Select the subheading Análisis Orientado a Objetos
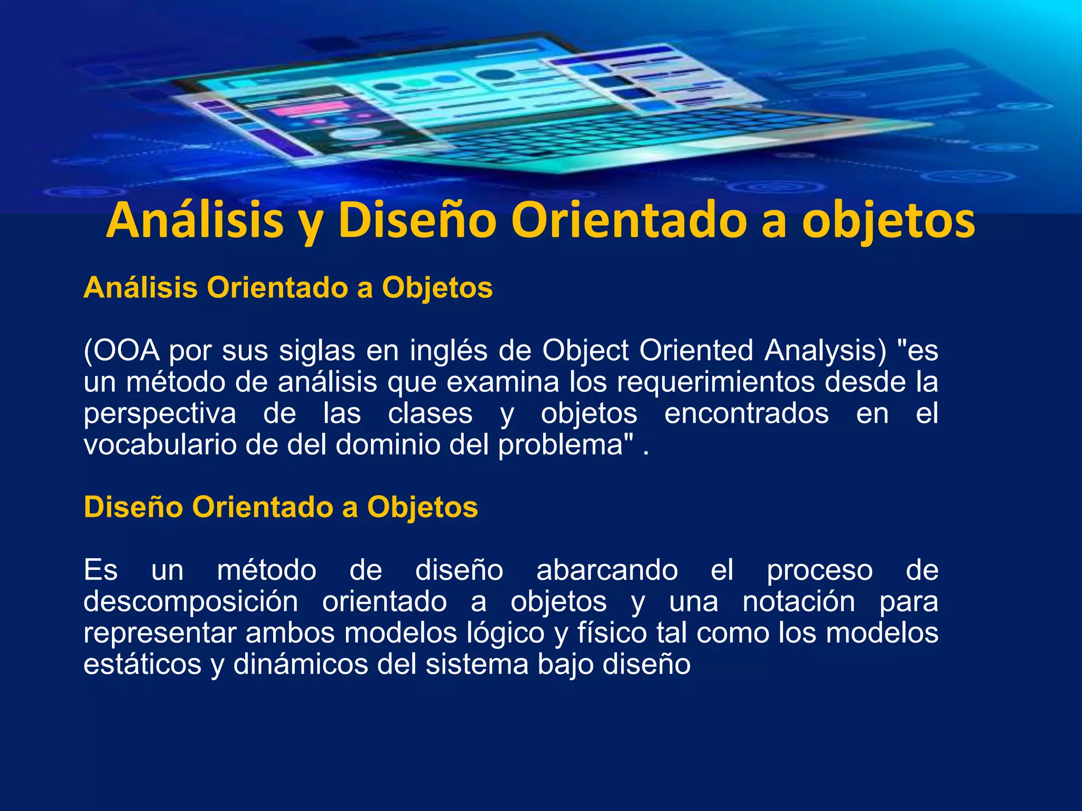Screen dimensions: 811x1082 (288, 288)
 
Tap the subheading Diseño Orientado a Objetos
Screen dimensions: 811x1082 (281, 507)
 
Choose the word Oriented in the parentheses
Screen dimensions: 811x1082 (696, 351)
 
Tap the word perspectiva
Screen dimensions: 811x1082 (160, 413)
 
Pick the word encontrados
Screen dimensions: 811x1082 (746, 413)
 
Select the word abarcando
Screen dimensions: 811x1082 (607, 570)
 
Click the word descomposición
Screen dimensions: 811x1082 (191, 601)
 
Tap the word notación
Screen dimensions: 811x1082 (798, 601)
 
